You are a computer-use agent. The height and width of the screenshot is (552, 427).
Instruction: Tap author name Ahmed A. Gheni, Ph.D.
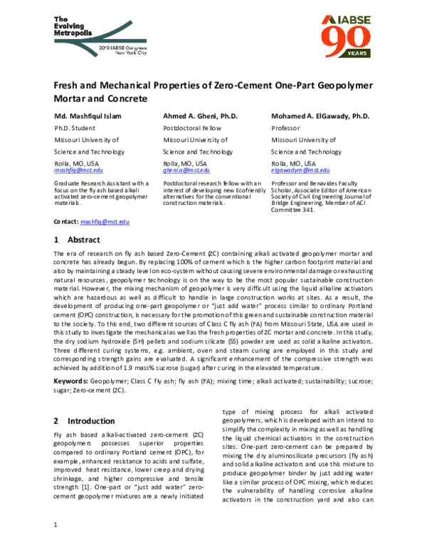point(197,115)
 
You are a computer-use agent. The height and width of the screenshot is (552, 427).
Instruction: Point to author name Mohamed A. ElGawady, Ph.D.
point(320,115)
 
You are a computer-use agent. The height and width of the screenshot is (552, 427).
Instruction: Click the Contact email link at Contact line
point(105,223)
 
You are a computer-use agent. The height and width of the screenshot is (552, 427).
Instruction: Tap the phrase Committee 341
point(294,211)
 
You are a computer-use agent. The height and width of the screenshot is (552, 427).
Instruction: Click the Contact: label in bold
point(66,223)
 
